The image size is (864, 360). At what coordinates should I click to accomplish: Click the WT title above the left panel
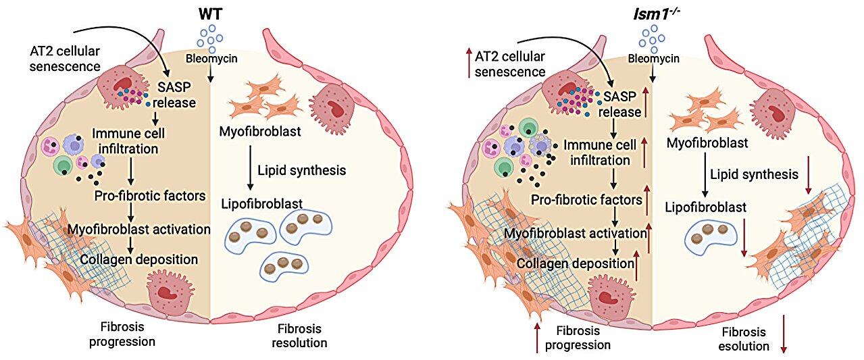[x=210, y=14]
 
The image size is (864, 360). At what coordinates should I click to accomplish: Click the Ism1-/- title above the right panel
[x=657, y=14]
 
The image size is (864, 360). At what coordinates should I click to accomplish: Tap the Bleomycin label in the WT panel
[x=211, y=59]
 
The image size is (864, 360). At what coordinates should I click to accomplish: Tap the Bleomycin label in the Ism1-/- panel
[x=653, y=59]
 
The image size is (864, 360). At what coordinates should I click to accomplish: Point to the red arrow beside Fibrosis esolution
[x=783, y=334]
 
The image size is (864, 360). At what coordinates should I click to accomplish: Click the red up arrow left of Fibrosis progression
[x=537, y=338]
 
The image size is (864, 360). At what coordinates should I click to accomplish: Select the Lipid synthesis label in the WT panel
[x=302, y=170]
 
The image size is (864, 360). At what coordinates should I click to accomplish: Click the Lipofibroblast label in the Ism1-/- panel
[x=705, y=207]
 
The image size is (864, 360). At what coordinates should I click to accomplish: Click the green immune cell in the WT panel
[x=63, y=165]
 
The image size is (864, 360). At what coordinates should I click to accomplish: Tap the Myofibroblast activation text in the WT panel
[x=139, y=229]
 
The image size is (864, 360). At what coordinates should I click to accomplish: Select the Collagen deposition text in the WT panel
[x=139, y=259]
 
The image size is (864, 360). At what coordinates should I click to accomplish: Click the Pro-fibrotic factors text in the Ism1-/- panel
[x=586, y=199]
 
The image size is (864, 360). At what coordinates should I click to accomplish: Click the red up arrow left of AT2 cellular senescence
[x=469, y=63]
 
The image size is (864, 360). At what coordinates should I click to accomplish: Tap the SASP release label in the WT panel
[x=174, y=95]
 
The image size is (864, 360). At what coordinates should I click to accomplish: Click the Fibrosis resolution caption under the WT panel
[x=299, y=336]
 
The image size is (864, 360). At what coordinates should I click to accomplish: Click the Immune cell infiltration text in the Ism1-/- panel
[x=600, y=153]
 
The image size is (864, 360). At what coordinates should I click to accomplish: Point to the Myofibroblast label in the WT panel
[x=260, y=132]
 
